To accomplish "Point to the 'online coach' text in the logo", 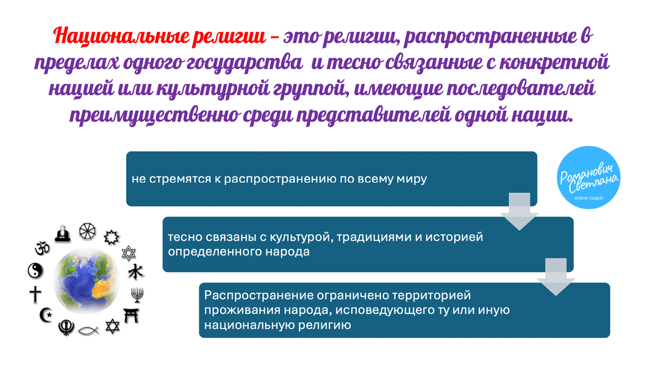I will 589,198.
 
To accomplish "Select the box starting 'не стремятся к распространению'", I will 331,178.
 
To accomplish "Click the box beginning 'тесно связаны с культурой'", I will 368,244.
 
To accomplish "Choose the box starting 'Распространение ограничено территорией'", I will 404,310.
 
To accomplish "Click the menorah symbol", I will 137,295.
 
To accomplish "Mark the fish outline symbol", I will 88,329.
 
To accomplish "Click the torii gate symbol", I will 131,315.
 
